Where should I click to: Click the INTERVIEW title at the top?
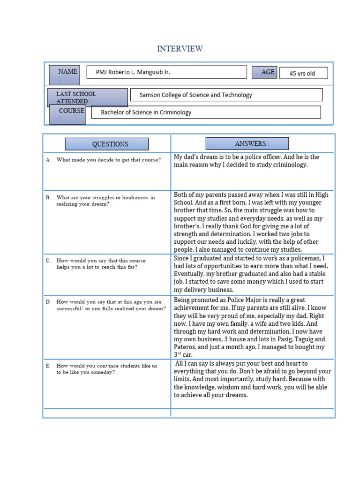pos(180,49)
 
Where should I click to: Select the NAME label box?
pos(64,75)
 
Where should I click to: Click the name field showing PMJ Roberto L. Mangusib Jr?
pos(167,72)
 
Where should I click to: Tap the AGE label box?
pos(264,72)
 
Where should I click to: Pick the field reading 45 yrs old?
pos(303,73)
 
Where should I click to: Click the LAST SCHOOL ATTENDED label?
pos(87,97)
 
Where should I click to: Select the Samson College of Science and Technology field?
pos(226,95)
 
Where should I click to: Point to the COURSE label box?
pos(67,114)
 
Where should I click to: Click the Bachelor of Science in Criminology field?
pos(206,112)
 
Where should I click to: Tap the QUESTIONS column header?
pos(106,144)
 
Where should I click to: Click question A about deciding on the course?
pos(108,160)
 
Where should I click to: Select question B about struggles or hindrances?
pos(105,201)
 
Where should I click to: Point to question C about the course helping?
pos(101,263)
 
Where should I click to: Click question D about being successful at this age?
pos(111,305)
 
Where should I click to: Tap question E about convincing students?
pos(106,368)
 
